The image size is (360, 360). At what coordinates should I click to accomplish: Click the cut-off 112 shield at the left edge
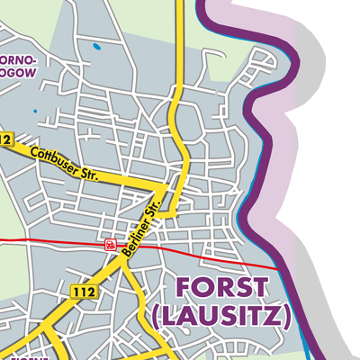(x=5, y=139)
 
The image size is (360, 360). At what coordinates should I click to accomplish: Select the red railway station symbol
(x=110, y=244)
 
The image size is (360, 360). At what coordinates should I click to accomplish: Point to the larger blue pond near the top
(x=95, y=45)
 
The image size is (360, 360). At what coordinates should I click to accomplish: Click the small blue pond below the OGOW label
(x=35, y=111)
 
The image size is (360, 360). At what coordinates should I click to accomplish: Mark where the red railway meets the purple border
(x=286, y=269)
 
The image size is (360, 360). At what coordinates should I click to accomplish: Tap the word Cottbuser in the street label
(x=50, y=160)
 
